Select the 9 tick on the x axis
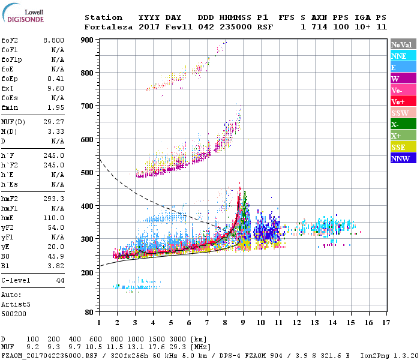243,322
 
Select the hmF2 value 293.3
53,199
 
